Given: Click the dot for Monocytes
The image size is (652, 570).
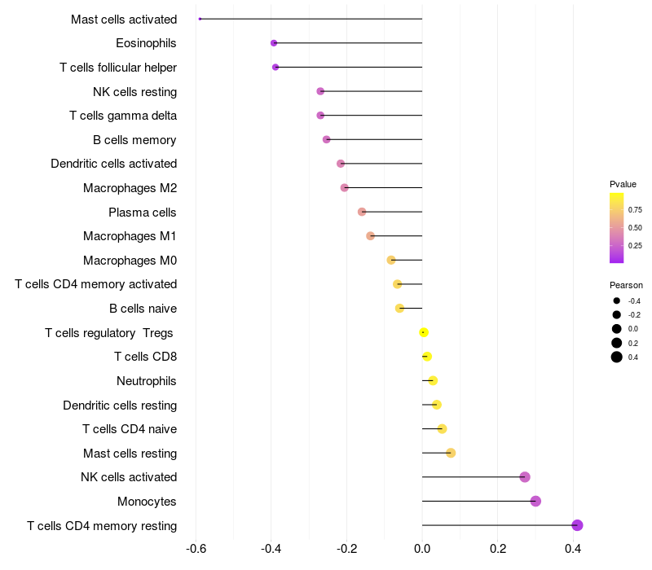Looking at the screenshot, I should pos(535,501).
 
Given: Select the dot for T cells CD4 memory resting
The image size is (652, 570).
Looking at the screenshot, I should pos(577,525).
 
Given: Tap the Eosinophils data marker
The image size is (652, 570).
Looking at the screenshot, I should pos(274,43).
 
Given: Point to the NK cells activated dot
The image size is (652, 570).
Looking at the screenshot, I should pos(525,477).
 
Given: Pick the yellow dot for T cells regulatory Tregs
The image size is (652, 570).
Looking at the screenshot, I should pos(424,332).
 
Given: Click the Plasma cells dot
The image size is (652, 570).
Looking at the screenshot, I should pos(362,212).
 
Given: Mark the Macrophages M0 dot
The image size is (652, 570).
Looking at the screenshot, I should pos(391,260).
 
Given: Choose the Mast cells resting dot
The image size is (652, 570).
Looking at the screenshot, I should pos(451,453).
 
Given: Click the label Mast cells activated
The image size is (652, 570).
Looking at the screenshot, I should pos(124,19).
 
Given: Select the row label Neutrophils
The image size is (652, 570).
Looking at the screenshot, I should pos(147,380).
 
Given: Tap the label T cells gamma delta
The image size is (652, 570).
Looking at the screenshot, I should pos(123,115).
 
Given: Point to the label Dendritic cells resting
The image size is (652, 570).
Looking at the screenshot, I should pos(120,405).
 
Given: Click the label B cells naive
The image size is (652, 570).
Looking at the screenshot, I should pos(143,309).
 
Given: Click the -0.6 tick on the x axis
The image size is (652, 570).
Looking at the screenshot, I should pos(196,549).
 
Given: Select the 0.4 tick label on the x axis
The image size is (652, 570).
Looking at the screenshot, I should pos(573,549).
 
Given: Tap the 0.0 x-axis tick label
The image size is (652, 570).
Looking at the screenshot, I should pos(422,549).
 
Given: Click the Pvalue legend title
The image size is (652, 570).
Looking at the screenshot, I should pos(623,184).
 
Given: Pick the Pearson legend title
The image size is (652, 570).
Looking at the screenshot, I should pos(626,285).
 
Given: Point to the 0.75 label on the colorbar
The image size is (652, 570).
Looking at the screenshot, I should pos(635,209).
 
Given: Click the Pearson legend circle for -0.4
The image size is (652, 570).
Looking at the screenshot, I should pos(617,300).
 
